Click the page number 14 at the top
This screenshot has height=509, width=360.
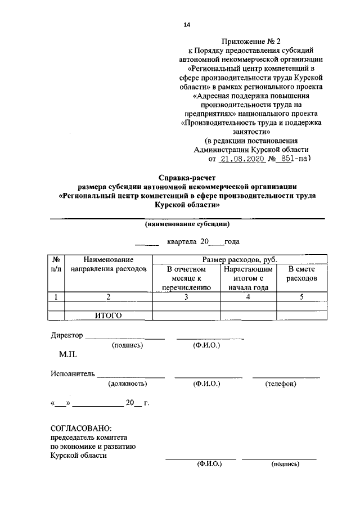coord(187,25)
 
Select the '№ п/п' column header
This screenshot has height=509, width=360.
coord(56,264)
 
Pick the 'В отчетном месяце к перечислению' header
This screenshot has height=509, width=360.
coord(186,278)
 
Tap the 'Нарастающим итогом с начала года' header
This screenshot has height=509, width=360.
coord(247,278)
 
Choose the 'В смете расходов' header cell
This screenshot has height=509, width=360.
coord(301,274)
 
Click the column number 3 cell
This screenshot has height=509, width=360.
coord(186,297)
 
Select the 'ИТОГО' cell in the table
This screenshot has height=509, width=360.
coord(109,315)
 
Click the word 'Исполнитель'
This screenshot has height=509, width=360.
coord(71,373)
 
